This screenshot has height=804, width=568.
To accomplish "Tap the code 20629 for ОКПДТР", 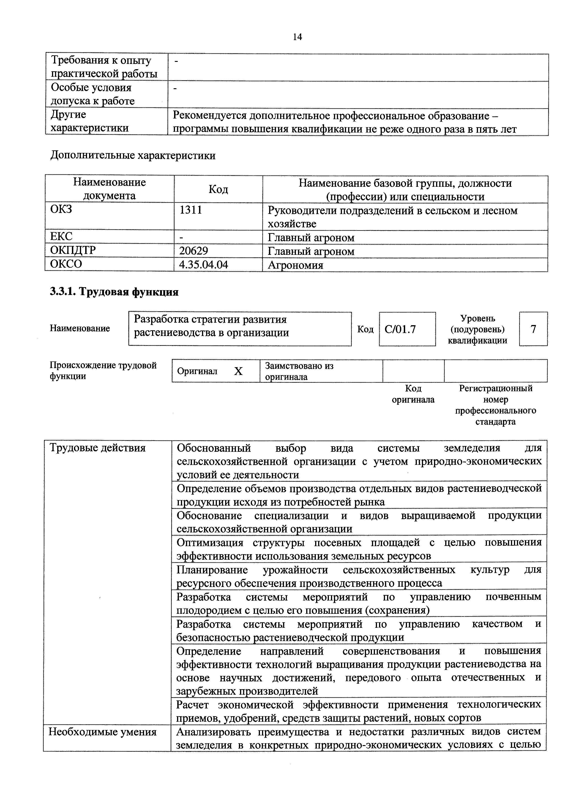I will click(x=194, y=251).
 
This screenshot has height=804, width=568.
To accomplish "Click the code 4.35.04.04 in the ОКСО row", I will click(x=203, y=264).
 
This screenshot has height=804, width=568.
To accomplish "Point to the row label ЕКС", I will click(x=61, y=237).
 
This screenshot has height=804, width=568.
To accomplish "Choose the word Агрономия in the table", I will click(x=295, y=265).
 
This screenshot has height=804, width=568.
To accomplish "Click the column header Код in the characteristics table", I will click(x=218, y=190).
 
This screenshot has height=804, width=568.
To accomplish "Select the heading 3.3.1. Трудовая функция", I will click(x=114, y=292).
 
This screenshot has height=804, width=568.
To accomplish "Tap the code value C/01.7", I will click(x=400, y=329).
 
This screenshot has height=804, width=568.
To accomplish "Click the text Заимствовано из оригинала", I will click(x=299, y=371).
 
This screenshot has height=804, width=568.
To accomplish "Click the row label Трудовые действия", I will click(x=97, y=448).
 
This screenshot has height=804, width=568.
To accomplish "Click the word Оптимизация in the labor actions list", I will click(x=210, y=542).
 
